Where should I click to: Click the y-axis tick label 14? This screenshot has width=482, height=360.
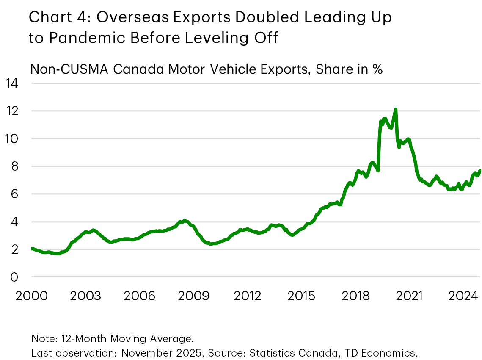tap(12, 83)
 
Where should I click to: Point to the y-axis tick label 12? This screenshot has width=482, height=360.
tap(12, 111)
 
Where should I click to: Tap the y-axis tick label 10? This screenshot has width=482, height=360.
tap(12, 138)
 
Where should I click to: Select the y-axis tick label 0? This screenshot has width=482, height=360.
tap(15, 277)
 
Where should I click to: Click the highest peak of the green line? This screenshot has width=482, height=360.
tap(395, 110)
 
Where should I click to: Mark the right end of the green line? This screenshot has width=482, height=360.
tap(479, 171)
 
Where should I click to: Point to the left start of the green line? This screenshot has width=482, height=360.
tap(32, 249)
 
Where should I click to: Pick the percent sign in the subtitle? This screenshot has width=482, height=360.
tap(377, 69)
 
